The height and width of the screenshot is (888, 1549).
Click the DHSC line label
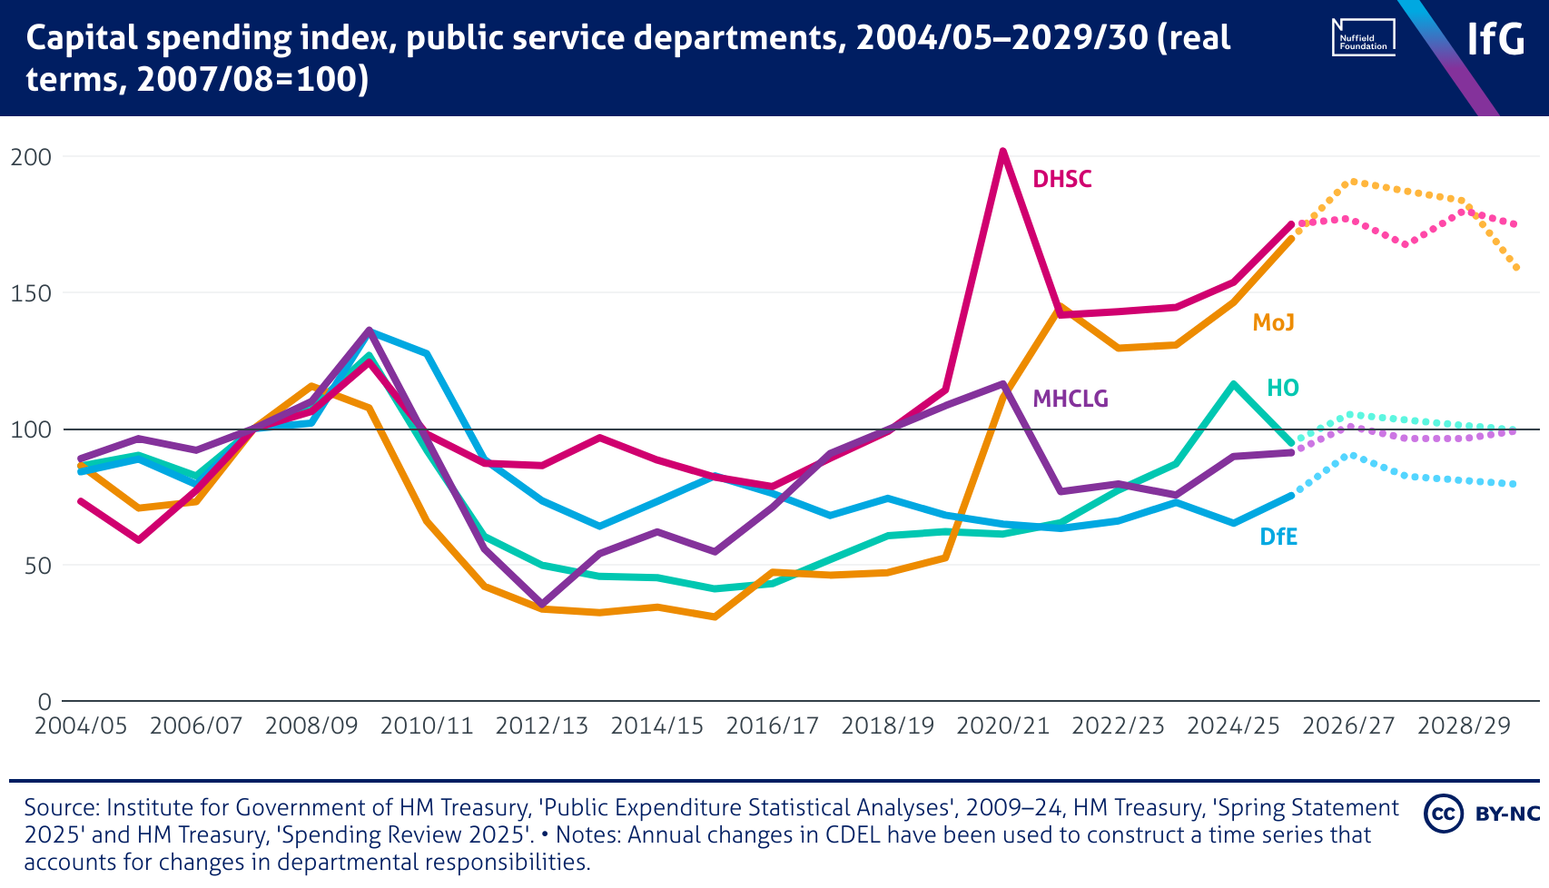coord(1061,179)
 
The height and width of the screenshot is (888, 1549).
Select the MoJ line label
coord(1273,322)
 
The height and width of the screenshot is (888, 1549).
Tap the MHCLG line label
coord(1070,399)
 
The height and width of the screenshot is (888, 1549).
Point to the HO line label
coord(1282,388)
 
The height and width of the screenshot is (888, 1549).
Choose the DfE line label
coord(1278,537)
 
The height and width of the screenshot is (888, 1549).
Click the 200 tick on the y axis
coord(31,157)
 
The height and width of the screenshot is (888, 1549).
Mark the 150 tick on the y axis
coord(31,293)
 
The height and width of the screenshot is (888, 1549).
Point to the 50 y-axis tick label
coord(37,566)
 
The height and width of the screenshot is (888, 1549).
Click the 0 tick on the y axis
coord(44,702)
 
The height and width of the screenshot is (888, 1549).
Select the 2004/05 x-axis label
coord(81,726)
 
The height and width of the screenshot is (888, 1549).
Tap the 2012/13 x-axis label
coord(542,726)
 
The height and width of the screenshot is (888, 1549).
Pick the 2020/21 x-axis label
coord(1003,726)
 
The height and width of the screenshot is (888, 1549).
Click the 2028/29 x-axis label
coord(1464,726)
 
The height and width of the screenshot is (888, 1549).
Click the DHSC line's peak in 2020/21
coord(1002,151)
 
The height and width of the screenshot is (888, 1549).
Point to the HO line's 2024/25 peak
coord(1233,384)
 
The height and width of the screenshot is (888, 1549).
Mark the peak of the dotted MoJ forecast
coord(1352,182)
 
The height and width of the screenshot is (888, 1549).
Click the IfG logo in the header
coord(1495,38)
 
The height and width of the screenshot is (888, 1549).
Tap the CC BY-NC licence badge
coord(1481,813)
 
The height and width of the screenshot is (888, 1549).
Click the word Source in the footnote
coord(60,807)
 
